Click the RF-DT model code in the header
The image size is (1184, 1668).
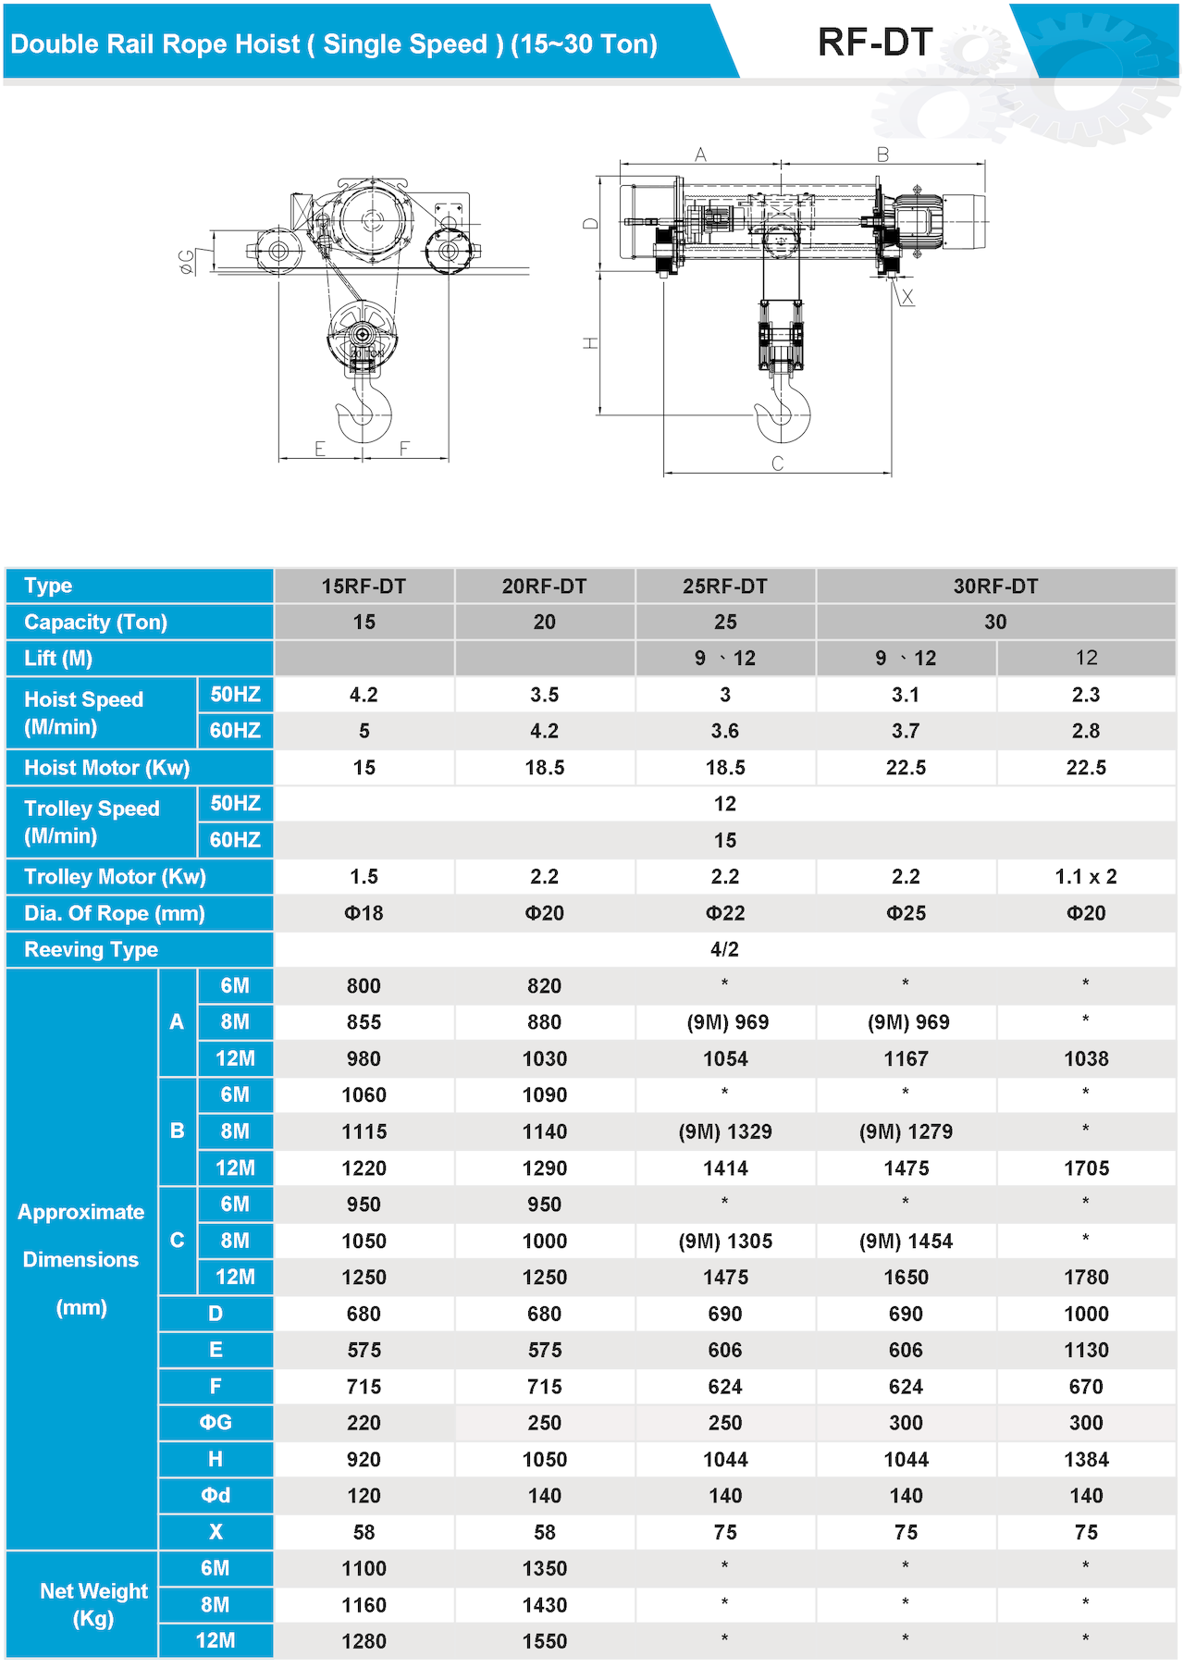pos(874,43)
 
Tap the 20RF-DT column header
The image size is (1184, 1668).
pos(544,587)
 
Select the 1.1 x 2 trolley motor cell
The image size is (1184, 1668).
pos(1086,877)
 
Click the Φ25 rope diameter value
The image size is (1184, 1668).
pos(906,913)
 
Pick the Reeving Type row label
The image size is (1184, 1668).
pos(91,950)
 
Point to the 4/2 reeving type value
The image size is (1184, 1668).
pos(724,950)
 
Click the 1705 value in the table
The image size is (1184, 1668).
pos(1086,1168)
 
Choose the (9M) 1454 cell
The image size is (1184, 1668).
pos(906,1242)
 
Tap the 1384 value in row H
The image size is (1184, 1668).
pos(1086,1460)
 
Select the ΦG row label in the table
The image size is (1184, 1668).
pos(216,1423)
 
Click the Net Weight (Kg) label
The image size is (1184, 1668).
pos(93,1604)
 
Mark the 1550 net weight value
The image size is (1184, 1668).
pos(544,1641)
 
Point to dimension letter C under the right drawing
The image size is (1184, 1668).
pos(777,463)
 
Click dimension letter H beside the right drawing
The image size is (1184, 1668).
pos(590,343)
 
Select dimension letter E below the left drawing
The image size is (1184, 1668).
pos(320,449)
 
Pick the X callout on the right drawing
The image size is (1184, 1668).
pos(907,297)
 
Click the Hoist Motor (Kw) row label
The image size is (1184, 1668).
pos(106,768)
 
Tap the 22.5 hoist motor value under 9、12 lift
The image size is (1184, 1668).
pos(906,768)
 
